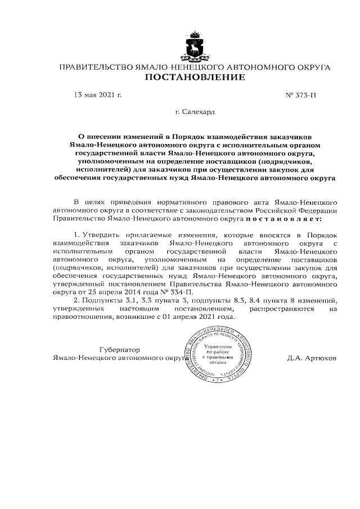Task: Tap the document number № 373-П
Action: (x=300, y=95)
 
